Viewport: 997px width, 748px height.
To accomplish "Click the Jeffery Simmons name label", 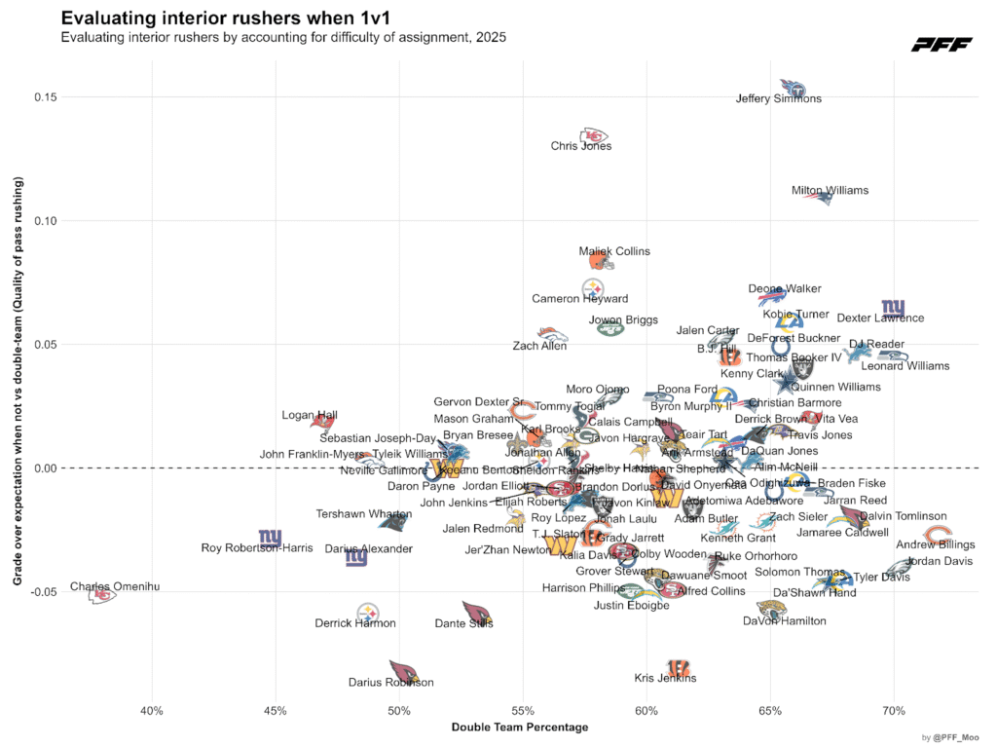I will [778, 98].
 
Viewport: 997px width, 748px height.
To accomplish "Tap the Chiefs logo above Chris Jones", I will [594, 135].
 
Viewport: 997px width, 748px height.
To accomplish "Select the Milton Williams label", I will [830, 191].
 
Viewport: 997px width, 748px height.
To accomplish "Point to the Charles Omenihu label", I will [115, 587].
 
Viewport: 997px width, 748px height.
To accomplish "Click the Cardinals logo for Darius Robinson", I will [403, 671].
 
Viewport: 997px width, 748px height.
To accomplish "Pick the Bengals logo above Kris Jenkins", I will [679, 667].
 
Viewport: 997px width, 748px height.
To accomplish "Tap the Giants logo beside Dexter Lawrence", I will [893, 310].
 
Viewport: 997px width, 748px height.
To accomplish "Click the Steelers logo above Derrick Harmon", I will [367, 613].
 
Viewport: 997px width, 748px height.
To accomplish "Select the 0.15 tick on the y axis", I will [44, 97].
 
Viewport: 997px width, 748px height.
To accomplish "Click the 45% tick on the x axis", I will [276, 710].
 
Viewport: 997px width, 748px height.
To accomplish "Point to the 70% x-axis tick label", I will [894, 710].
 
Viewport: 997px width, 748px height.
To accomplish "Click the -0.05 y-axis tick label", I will [42, 591].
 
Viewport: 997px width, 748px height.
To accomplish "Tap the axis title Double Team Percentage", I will [520, 727].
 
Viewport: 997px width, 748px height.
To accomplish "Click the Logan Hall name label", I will [310, 415].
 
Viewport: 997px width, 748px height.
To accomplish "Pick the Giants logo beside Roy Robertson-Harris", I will [270, 538].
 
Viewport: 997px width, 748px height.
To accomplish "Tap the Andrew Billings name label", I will [936, 545].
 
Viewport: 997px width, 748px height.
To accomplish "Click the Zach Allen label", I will [539, 346].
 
